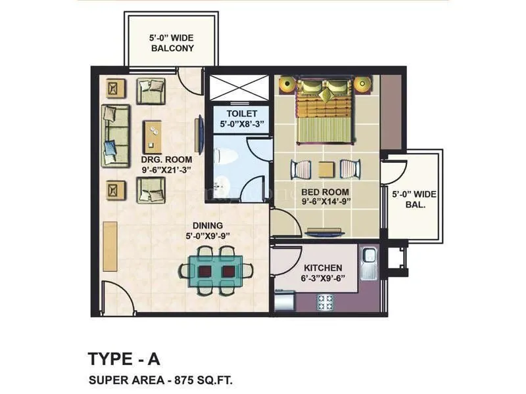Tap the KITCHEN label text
pyautogui.click(x=322, y=268)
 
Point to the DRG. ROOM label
pyautogui.click(x=166, y=159)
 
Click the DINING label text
pyautogui.click(x=208, y=225)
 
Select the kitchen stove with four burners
pyautogui.click(x=326, y=301)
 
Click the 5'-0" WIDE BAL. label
pyautogui.click(x=414, y=199)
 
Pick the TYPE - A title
pyautogui.click(x=124, y=359)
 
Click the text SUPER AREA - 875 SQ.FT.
pyautogui.click(x=160, y=380)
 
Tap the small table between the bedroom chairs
pyautogui.click(x=324, y=169)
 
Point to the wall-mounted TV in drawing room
pyautogui.click(x=199, y=135)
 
